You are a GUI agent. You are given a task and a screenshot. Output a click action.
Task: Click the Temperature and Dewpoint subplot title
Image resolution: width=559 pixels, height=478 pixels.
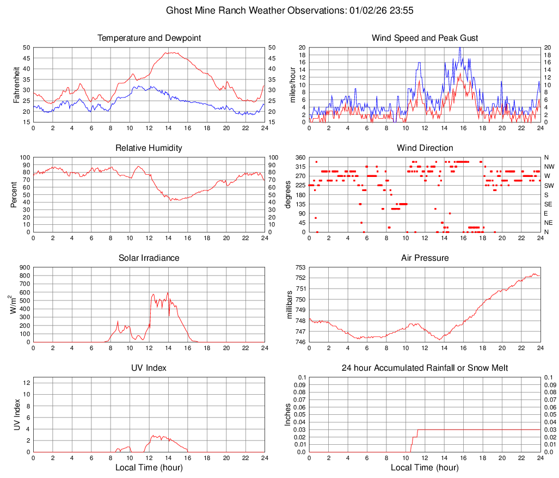[x=149, y=38]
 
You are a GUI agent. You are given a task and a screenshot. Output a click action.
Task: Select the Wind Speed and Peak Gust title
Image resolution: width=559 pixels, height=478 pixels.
[x=425, y=38]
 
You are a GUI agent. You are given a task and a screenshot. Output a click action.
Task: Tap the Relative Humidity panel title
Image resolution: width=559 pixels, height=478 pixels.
[x=149, y=148]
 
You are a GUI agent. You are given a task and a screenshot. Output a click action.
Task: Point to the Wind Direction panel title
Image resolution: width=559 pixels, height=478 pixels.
[x=425, y=148]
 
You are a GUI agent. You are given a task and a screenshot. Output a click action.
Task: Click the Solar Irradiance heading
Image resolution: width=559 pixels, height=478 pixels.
[x=149, y=258]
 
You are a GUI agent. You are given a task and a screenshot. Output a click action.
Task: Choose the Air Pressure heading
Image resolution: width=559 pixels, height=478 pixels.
[x=425, y=258]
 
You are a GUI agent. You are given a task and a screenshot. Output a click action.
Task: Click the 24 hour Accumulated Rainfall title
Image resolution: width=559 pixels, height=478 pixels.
[x=425, y=368]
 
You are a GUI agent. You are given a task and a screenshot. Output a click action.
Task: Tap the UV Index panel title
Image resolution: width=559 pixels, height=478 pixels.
[x=149, y=368]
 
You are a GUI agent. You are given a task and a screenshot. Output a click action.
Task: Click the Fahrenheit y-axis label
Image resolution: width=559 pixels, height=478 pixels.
[x=16, y=84]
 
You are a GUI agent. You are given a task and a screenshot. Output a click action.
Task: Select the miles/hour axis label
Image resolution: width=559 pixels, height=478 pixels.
[x=292, y=84]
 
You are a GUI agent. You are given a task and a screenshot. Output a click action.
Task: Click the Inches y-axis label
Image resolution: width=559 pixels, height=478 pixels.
[x=288, y=414]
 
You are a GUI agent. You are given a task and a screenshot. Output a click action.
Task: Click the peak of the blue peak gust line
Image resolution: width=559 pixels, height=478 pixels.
[x=460, y=48]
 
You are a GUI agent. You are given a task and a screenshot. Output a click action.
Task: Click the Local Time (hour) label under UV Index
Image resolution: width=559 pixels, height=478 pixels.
[x=149, y=468]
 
